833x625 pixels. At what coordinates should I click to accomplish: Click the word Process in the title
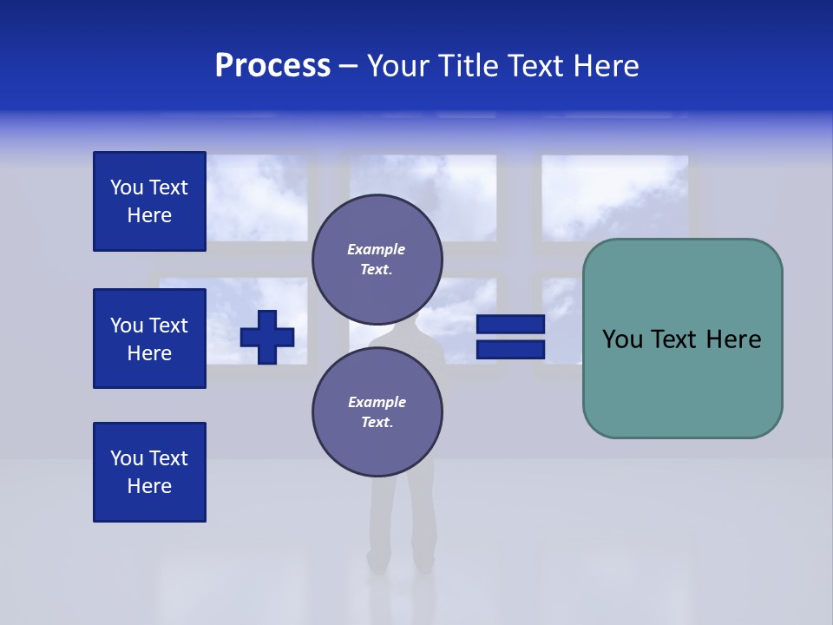[272, 66]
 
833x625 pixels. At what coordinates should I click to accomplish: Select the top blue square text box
[149, 201]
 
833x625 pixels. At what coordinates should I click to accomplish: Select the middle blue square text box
[149, 339]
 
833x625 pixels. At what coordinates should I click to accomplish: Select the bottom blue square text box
[149, 472]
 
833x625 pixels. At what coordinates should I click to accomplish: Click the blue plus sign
[267, 337]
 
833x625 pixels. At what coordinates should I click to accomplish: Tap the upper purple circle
[377, 260]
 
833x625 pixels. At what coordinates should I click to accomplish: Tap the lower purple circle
[377, 412]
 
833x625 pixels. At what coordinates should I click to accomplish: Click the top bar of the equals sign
[510, 325]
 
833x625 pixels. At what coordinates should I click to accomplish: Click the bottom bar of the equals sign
[510, 349]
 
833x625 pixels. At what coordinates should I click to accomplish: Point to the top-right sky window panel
[614, 197]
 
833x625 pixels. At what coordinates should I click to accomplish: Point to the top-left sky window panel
[257, 197]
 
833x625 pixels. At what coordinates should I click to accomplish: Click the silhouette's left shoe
[377, 563]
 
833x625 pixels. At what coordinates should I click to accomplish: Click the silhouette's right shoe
[423, 563]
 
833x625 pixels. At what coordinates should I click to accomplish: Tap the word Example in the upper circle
[377, 249]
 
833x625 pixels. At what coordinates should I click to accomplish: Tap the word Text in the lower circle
[377, 423]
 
